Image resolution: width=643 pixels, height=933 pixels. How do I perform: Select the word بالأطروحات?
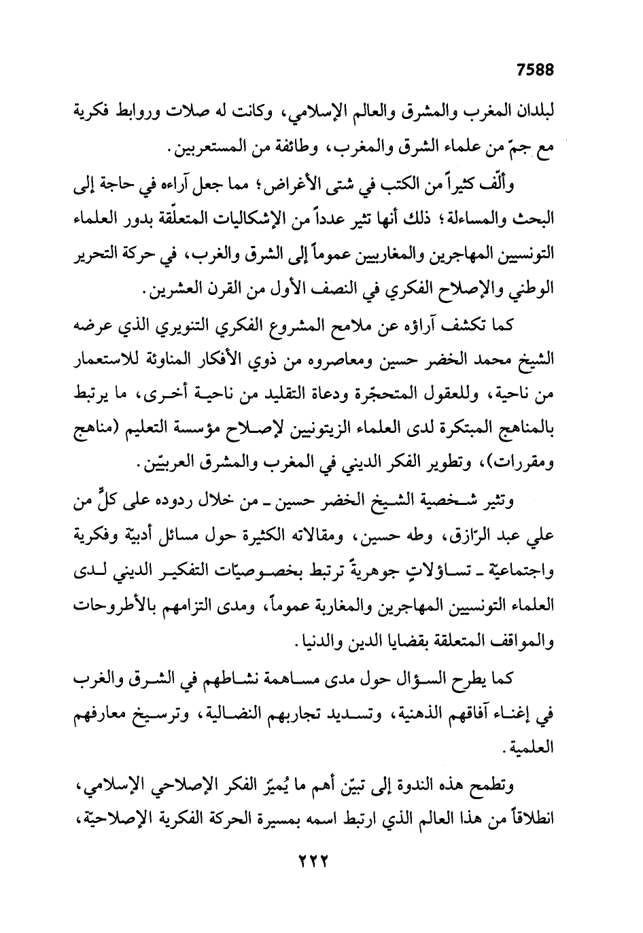122,610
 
